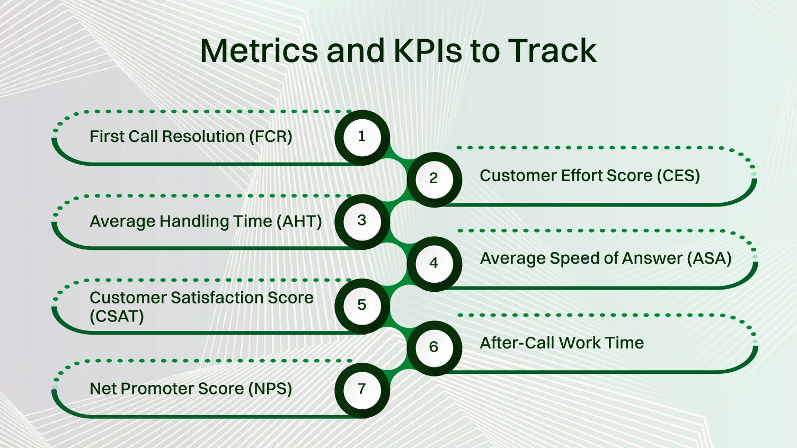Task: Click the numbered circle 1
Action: (362, 137)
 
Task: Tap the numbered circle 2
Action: (433, 179)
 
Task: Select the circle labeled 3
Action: (362, 221)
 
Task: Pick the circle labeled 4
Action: (433, 263)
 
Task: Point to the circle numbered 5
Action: (362, 306)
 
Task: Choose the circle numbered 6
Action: (433, 347)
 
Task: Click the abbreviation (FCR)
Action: (270, 137)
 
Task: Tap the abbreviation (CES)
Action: (678, 176)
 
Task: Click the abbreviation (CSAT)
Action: (117, 317)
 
